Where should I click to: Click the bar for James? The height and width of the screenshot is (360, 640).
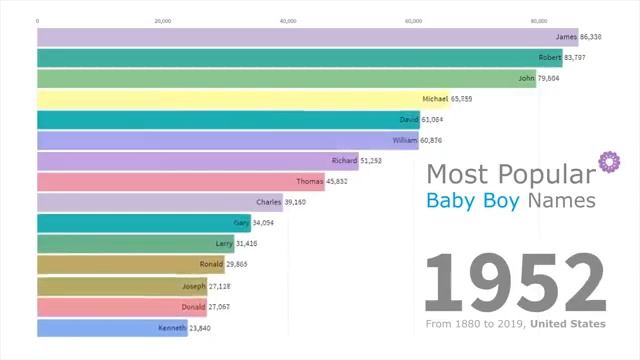(x=300, y=36)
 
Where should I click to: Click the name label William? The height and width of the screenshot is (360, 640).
(x=405, y=140)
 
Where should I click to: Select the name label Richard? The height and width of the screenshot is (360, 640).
(x=345, y=160)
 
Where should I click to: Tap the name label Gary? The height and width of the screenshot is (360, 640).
(x=241, y=223)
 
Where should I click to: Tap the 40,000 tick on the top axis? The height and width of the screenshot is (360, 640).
(x=288, y=20)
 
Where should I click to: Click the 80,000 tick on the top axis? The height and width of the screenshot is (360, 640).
(x=539, y=20)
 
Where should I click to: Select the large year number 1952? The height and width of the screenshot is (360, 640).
(x=515, y=283)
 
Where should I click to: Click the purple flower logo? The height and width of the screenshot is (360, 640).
(x=606, y=162)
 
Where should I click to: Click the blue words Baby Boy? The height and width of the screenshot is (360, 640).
(x=466, y=200)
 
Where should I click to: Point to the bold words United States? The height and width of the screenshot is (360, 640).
(x=568, y=324)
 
